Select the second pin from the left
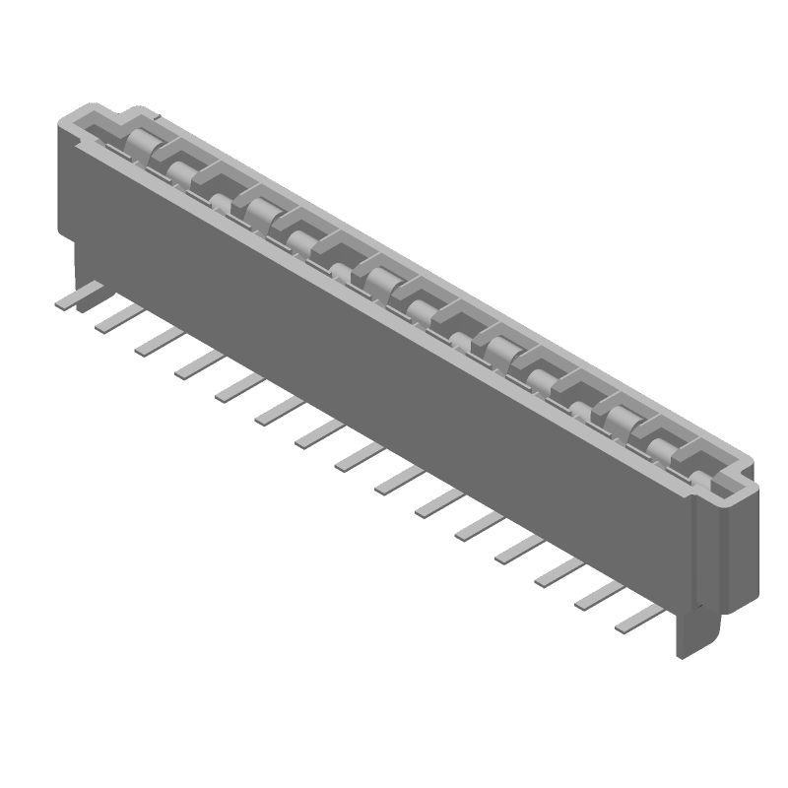point(117,317)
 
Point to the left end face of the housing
point(67,187)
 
